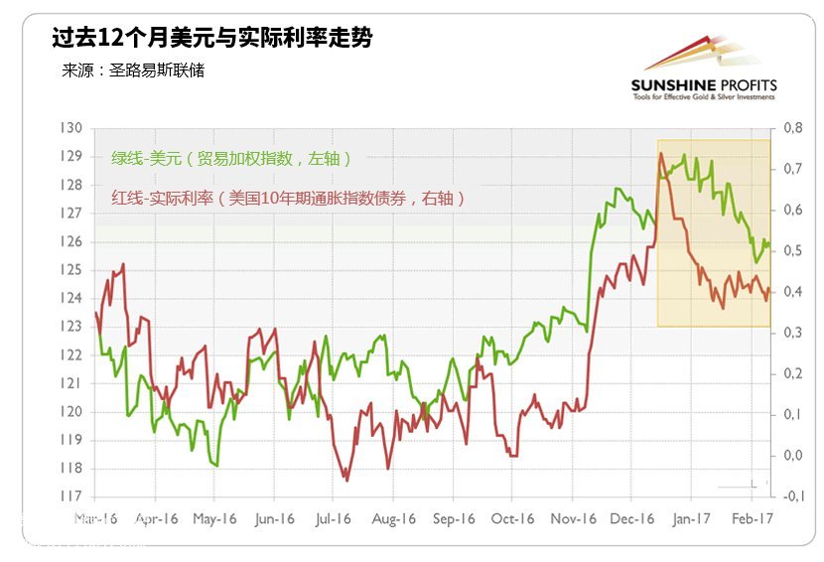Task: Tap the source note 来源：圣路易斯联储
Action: click(133, 71)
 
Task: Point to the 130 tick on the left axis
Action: click(70, 128)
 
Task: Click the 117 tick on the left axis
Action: click(70, 496)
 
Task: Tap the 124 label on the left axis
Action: click(70, 298)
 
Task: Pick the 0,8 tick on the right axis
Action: click(792, 128)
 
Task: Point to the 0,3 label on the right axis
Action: click(792, 333)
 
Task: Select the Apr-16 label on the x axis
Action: click(156, 518)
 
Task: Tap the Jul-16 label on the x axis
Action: click(334, 518)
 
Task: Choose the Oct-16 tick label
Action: click(512, 518)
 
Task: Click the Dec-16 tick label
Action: click(632, 518)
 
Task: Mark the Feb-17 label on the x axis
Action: click(752, 518)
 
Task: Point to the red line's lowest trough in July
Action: click(345, 481)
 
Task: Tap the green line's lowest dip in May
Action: click(214, 464)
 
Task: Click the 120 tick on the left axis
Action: click(70, 412)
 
